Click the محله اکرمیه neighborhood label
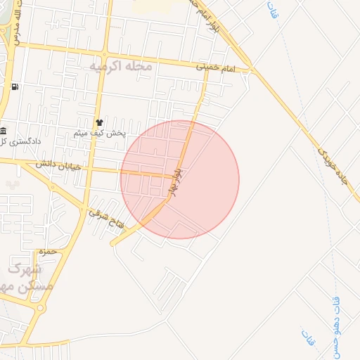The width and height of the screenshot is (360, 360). pos(121,65)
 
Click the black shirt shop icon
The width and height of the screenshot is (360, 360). pos(99,121)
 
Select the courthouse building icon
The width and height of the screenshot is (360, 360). pos(4,131)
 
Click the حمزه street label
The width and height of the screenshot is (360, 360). pos(48,251)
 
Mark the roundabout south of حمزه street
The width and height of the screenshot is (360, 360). pos(40,307)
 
